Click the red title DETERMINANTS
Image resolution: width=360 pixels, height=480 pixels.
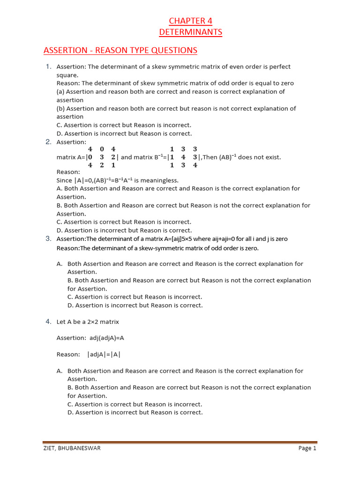click(190, 32)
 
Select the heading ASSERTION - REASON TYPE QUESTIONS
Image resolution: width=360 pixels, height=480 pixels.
click(120, 50)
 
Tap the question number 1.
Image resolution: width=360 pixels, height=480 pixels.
click(48, 67)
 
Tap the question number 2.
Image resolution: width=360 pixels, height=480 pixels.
click(48, 142)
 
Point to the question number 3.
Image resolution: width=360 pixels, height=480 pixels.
click(48, 239)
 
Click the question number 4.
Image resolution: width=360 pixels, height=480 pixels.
click(48, 322)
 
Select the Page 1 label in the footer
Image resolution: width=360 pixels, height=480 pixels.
click(307, 448)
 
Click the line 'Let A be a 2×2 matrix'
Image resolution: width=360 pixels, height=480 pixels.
click(88, 322)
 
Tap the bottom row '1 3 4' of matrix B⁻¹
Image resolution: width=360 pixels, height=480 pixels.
click(183, 165)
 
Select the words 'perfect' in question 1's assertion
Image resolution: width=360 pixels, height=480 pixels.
click(279, 67)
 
